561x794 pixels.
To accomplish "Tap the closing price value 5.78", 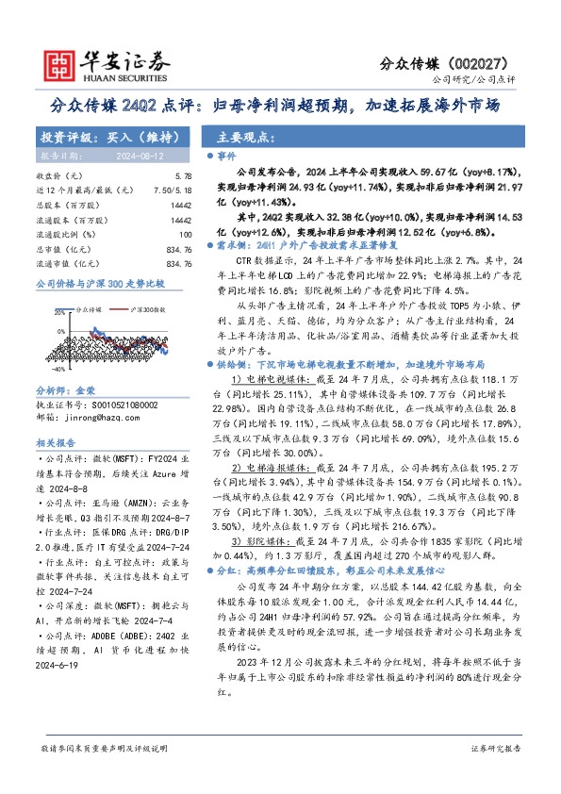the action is [x=184, y=176].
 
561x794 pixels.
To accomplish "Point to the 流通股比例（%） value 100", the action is [x=185, y=233].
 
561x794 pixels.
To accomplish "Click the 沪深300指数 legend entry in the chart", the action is [x=145, y=309].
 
